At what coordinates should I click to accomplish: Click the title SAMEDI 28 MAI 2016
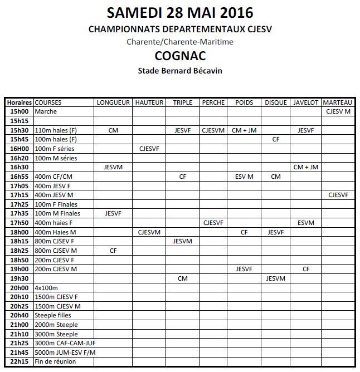pos(180,12)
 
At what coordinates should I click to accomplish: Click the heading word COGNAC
pos(180,56)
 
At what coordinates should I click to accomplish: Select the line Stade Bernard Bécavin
pos(180,70)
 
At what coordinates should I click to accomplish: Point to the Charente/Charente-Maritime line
pos(180,42)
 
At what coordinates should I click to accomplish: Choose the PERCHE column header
pos(213,102)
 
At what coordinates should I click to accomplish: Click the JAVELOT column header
pos(305,102)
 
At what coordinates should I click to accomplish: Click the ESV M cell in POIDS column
pos(244,176)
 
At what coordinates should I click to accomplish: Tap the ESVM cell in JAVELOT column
pos(305,223)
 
